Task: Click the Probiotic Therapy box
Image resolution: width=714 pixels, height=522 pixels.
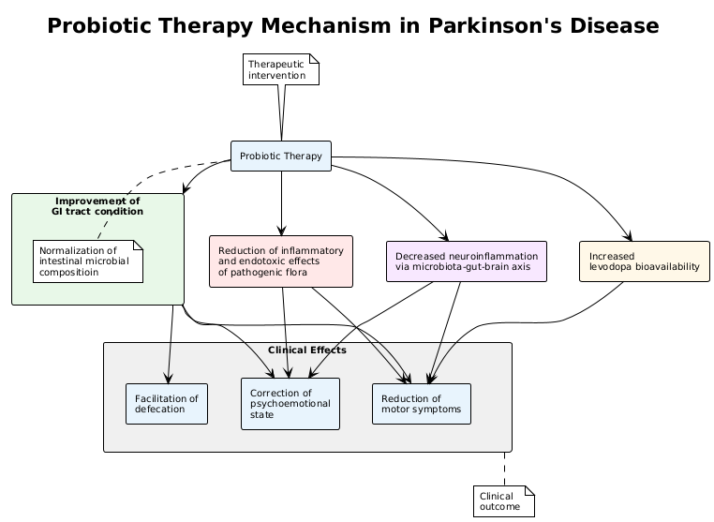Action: click(x=281, y=157)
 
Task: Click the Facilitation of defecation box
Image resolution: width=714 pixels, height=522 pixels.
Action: click(x=167, y=404)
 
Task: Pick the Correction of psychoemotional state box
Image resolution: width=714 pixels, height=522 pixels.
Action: click(x=290, y=404)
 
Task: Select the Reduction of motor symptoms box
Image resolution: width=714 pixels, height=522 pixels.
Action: click(x=421, y=404)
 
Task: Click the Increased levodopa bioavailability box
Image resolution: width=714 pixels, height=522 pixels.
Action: click(x=644, y=261)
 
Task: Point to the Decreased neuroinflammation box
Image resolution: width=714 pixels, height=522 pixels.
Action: click(x=466, y=261)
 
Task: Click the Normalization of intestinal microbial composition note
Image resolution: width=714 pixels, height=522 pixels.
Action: click(x=87, y=261)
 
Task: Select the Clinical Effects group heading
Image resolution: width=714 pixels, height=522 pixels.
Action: click(x=306, y=350)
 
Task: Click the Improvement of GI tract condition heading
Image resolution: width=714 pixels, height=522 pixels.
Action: click(x=97, y=206)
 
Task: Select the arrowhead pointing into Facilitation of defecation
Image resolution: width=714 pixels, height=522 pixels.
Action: click(x=168, y=380)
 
